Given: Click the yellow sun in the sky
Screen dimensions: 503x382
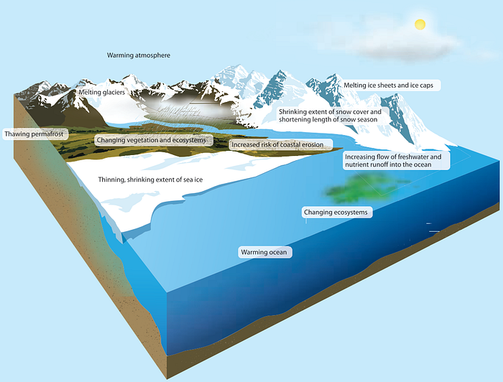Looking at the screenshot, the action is tap(419, 24).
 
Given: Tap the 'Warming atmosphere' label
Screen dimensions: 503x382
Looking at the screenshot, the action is tap(139, 55).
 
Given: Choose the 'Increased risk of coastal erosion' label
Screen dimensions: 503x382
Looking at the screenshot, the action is tap(276, 145).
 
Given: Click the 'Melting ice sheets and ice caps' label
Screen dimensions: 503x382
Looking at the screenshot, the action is tap(392, 85).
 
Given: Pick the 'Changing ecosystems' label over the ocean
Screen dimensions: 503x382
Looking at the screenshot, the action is tap(336, 213).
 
